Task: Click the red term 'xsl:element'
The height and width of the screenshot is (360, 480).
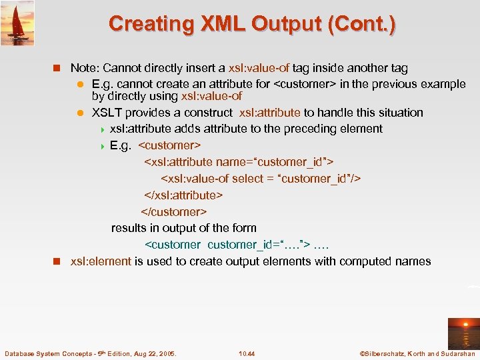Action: click(101, 261)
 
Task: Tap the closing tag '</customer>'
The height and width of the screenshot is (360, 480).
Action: click(173, 212)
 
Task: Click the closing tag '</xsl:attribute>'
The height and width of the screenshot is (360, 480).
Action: click(183, 195)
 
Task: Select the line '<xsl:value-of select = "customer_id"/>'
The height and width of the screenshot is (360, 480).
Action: click(261, 179)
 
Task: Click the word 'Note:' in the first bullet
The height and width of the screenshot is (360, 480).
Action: click(85, 68)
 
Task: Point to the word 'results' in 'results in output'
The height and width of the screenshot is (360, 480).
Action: click(129, 228)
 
